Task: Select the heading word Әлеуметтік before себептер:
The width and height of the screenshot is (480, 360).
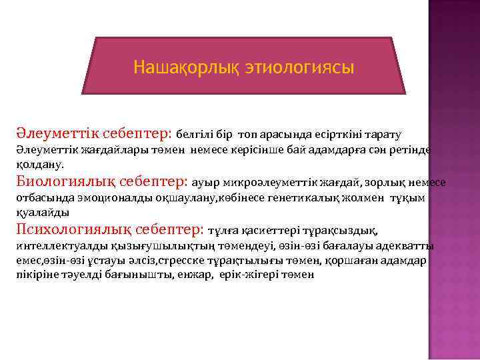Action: (x=58, y=131)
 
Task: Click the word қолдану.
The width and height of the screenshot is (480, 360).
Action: (x=39, y=163)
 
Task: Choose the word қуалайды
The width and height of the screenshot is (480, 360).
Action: (x=42, y=212)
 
